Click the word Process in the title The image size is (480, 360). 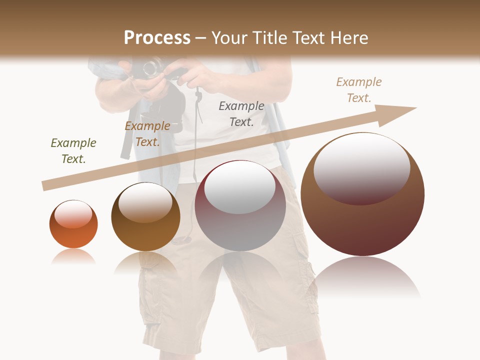point(157,38)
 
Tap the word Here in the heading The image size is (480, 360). point(348,38)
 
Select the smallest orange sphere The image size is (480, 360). point(73,224)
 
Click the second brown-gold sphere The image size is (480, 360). point(145,216)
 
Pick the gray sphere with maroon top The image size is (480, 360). point(240,205)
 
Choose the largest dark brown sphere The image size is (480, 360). point(362,194)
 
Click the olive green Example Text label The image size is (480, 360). point(73,151)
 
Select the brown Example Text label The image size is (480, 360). point(147,134)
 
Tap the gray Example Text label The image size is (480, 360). point(241,113)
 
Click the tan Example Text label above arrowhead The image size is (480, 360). point(359,90)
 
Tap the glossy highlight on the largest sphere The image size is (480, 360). point(362,167)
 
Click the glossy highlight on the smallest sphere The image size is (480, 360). point(73,214)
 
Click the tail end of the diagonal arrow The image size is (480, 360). point(45,186)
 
